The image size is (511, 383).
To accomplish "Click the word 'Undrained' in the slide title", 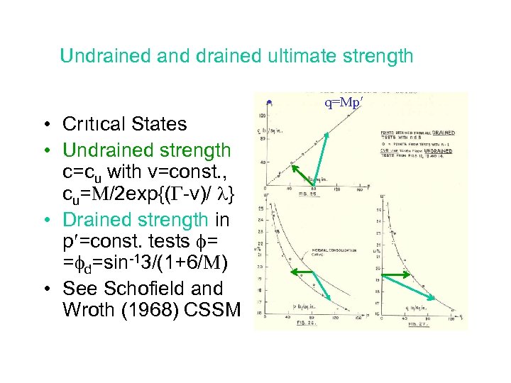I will pyautogui.click(x=94, y=55).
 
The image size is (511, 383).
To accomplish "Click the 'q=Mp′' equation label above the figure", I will pyautogui.click(x=344, y=102).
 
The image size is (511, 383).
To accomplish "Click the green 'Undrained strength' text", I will pyautogui.click(x=147, y=150).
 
